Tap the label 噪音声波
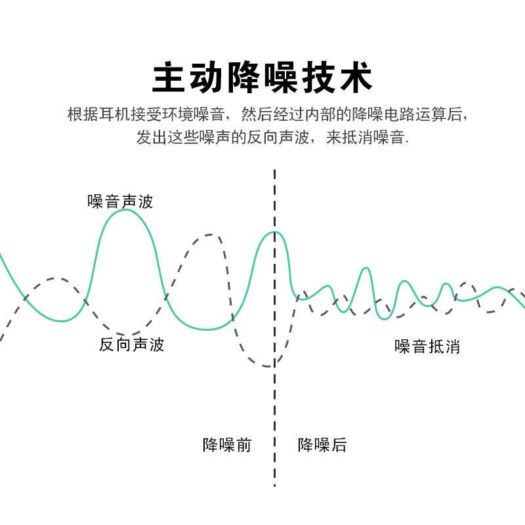[120, 201]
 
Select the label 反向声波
[131, 345]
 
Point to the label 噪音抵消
[427, 346]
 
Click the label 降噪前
[226, 445]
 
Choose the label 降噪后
[322, 445]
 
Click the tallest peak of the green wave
[125, 210]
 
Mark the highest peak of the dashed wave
[209, 234]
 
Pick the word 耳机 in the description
[117, 114]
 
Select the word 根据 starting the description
[83, 114]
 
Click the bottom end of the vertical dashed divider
[274, 485]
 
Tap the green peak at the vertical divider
[276, 232]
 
